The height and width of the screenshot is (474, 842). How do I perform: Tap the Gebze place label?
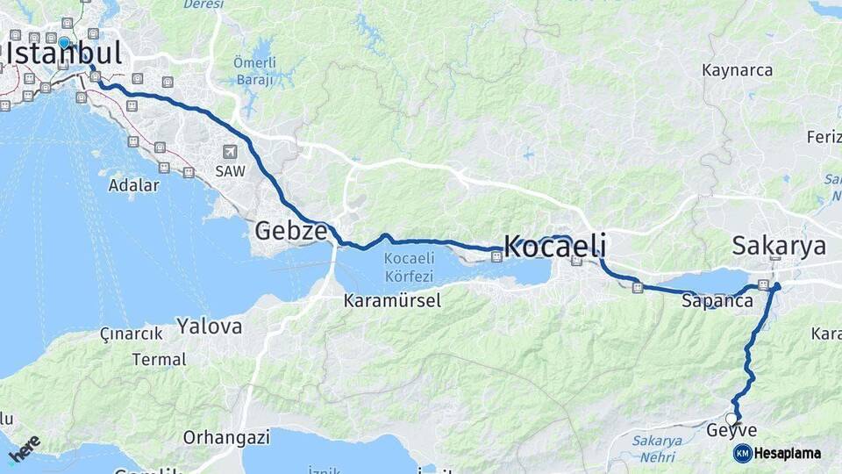(290, 232)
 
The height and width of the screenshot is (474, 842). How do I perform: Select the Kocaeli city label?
(554, 248)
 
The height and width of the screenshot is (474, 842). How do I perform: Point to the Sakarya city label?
(779, 247)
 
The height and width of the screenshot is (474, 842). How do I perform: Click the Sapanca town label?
(717, 301)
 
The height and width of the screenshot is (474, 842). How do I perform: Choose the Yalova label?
(209, 327)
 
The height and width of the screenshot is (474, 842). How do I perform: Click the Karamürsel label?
(392, 301)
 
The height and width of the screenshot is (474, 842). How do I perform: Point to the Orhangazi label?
(219, 437)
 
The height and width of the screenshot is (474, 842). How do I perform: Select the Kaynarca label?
(737, 70)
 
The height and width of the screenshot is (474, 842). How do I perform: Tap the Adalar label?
(133, 185)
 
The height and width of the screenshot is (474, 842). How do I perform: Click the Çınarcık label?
(132, 334)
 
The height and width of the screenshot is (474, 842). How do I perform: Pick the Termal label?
(159, 360)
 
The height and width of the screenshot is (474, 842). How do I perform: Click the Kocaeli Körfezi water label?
(410, 266)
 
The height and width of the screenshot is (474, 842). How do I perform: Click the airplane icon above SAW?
(230, 152)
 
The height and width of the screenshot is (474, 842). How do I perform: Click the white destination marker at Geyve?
(731, 419)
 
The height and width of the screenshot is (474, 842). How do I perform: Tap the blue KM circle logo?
(742, 453)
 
